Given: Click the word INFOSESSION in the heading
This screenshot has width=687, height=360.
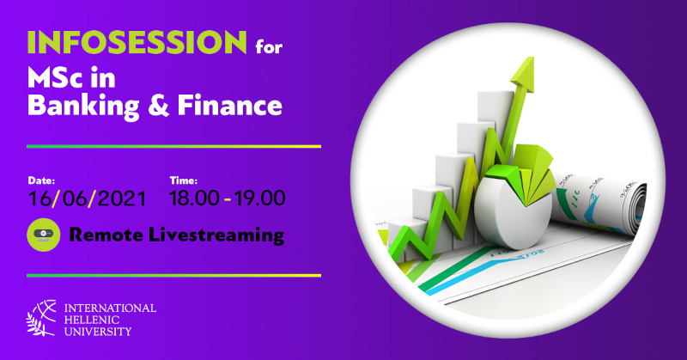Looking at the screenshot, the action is (x=137, y=42).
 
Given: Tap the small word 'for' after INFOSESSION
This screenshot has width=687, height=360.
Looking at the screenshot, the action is (x=269, y=46).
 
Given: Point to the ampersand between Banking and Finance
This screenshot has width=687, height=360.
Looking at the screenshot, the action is (x=158, y=107).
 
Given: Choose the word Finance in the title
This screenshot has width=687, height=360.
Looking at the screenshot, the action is (x=229, y=106).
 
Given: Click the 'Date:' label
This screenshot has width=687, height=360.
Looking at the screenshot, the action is (x=41, y=180).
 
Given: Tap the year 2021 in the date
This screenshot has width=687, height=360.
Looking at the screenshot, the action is (x=121, y=198).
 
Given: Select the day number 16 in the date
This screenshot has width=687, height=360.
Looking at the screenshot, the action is (x=40, y=198).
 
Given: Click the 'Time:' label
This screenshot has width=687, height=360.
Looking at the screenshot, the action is (x=183, y=180).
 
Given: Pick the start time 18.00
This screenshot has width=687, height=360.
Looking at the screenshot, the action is (x=194, y=198).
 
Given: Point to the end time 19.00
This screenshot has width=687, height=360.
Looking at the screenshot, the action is (x=260, y=198).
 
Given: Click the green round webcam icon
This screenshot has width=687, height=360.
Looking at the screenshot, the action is (x=44, y=235).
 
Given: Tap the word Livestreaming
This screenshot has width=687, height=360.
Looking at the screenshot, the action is (x=216, y=235).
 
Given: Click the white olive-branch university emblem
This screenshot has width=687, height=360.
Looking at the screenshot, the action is (x=41, y=318).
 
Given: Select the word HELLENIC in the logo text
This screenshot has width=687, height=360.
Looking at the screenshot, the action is (x=92, y=320).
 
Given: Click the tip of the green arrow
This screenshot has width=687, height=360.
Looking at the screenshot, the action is (x=532, y=58).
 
